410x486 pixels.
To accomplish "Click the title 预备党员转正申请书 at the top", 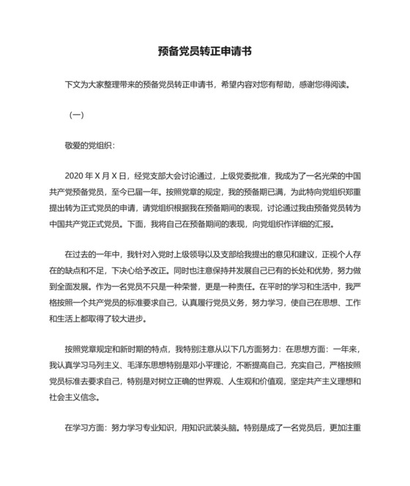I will click(205, 52).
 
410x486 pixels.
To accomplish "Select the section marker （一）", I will click(77, 115).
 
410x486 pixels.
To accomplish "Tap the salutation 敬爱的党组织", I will click(89, 145).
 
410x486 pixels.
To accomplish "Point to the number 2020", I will click(76, 176).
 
